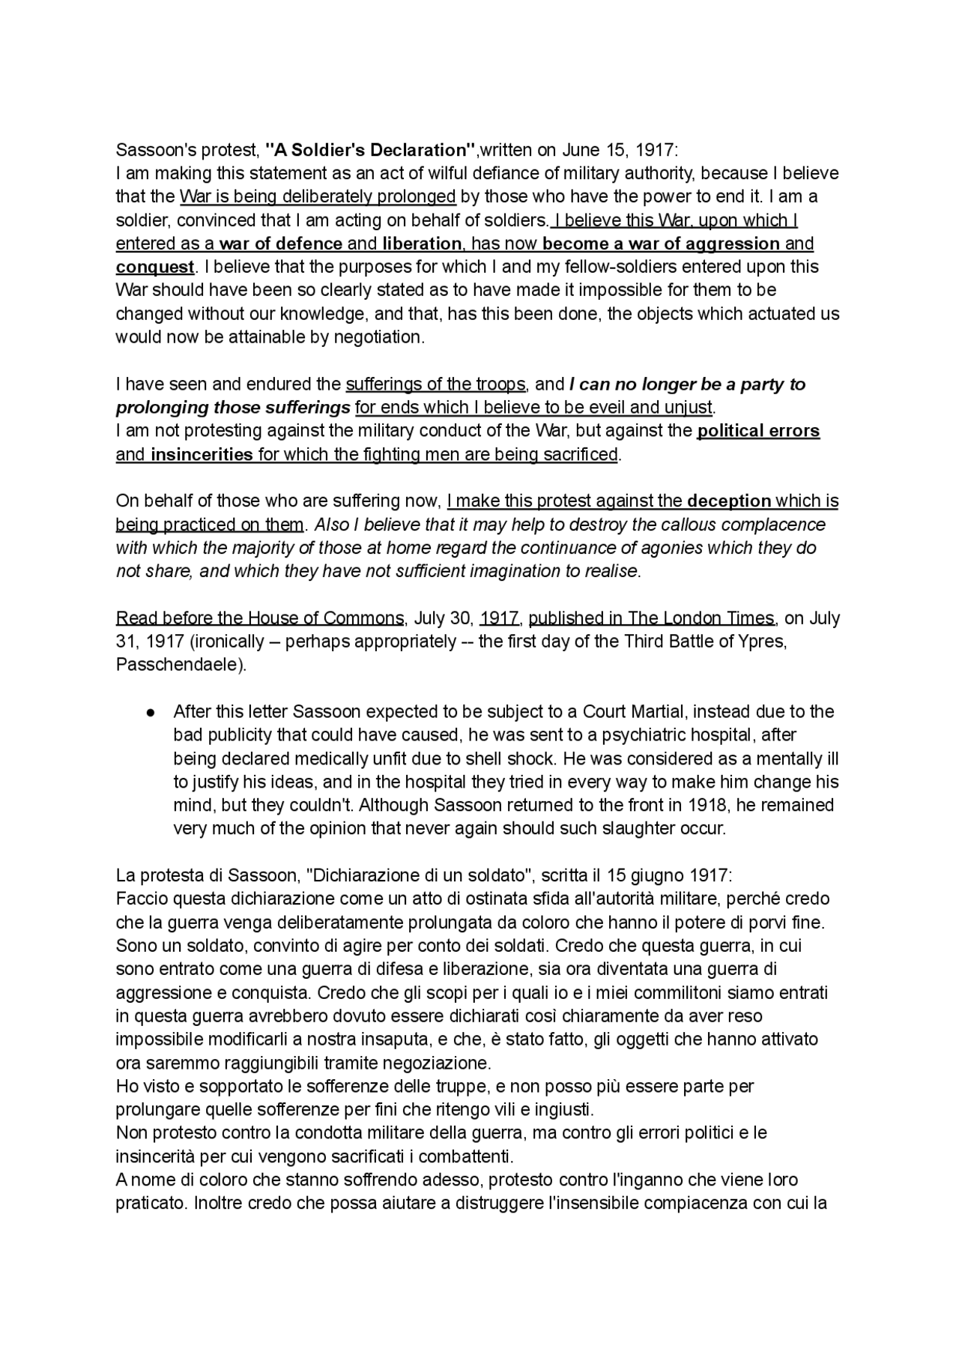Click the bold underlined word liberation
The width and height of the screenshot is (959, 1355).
(x=422, y=244)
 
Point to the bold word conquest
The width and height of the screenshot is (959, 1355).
(x=154, y=267)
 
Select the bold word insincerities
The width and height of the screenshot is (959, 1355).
(x=202, y=454)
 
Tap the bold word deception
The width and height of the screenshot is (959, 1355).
(x=729, y=501)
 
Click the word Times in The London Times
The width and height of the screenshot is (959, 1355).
(x=750, y=618)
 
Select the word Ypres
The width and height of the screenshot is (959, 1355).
(x=762, y=642)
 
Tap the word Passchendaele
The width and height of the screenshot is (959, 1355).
(x=179, y=665)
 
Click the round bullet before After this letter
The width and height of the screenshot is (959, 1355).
(x=151, y=712)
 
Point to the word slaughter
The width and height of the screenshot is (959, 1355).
(x=624, y=829)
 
